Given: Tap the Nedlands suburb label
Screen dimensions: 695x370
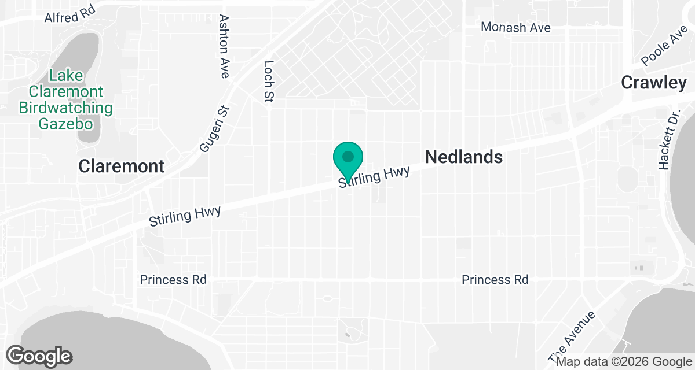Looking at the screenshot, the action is pyautogui.click(x=463, y=157).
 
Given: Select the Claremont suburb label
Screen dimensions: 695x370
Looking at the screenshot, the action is pyautogui.click(x=122, y=166).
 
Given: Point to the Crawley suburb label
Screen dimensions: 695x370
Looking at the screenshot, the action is pyautogui.click(x=654, y=83).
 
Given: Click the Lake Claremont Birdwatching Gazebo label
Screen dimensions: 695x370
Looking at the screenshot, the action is pyautogui.click(x=66, y=99).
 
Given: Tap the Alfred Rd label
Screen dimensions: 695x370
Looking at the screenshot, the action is pyautogui.click(x=69, y=16).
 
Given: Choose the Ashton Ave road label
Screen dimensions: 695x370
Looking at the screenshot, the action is pyautogui.click(x=224, y=46).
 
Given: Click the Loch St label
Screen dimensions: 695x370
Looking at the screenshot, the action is pyautogui.click(x=268, y=82).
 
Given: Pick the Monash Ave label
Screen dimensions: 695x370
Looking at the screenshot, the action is pyautogui.click(x=516, y=27).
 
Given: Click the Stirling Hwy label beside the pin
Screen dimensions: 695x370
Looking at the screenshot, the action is pyautogui.click(x=375, y=177).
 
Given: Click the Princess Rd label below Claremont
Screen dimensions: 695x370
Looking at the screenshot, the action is pyautogui.click(x=173, y=280).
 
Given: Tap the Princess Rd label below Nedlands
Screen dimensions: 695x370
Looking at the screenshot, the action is pyautogui.click(x=495, y=280).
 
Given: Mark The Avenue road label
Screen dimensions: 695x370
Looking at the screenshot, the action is pyautogui.click(x=579, y=334).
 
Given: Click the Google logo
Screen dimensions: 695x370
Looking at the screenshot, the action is pyautogui.click(x=39, y=356).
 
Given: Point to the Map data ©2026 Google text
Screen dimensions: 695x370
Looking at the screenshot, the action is pyautogui.click(x=624, y=362).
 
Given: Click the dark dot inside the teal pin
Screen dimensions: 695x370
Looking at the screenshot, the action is pyautogui.click(x=348, y=156).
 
